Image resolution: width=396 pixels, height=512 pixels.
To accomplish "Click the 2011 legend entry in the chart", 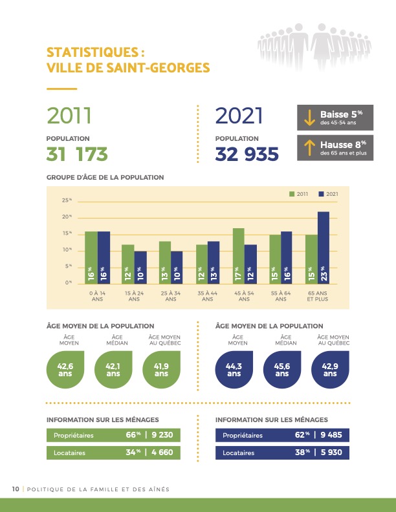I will (298, 194).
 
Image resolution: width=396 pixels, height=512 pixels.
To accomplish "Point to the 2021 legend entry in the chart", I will (329, 194).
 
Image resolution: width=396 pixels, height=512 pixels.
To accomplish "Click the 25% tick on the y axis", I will (67, 200).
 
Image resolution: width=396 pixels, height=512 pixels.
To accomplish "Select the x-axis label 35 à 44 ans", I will (207, 296).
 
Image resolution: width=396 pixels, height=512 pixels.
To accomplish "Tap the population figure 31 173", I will (76, 155).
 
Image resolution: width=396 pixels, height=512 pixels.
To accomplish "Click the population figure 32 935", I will (247, 155).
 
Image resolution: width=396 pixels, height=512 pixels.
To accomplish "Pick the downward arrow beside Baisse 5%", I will (309, 118).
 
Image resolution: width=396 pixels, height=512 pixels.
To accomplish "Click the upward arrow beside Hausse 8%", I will (309, 147).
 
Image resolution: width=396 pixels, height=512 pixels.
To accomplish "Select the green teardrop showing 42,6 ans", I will (65, 370).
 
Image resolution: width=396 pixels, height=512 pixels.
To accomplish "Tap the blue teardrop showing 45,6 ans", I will (282, 370).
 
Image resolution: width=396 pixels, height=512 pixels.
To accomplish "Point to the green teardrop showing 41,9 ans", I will (161, 370).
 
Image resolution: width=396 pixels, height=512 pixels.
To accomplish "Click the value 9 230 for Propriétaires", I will (162, 435).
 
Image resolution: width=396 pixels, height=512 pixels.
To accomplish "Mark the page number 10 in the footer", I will (15, 489).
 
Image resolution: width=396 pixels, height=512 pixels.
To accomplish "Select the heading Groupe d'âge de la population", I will (105, 177).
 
